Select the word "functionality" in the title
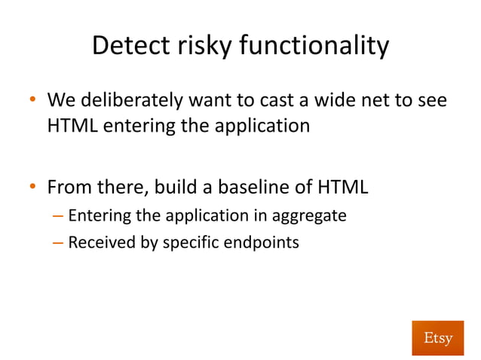[x=314, y=47]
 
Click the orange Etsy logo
[x=438, y=337]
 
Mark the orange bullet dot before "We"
[x=32, y=100]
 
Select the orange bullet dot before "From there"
[x=32, y=186]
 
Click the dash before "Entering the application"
[x=59, y=216]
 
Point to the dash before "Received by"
[x=59, y=243]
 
